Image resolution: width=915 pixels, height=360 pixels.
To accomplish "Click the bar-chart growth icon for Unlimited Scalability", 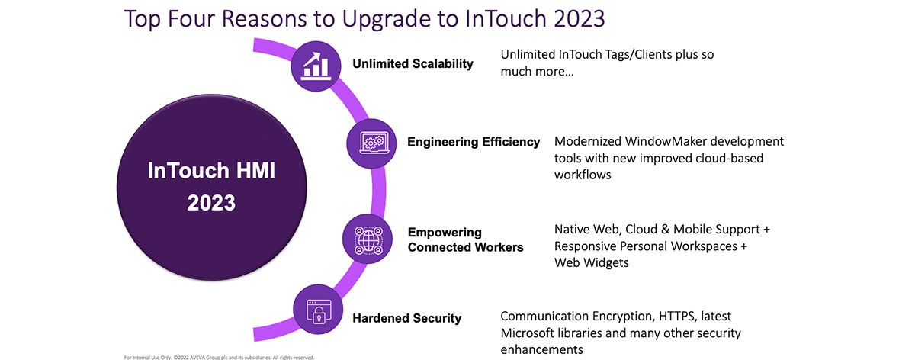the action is [316, 66].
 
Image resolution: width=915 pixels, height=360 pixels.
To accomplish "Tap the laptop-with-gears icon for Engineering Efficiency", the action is [371, 143].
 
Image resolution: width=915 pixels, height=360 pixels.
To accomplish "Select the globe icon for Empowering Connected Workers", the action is [368, 239].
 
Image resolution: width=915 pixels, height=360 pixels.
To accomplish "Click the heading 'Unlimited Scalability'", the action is [413, 64].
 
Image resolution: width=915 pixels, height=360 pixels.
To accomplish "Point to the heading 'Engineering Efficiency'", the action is [474, 142].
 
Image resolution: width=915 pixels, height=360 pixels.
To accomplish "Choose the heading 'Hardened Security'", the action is [407, 318].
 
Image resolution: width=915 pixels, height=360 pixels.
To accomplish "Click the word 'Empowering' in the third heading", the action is [445, 232].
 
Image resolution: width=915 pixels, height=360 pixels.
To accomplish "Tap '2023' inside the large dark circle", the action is [211, 203].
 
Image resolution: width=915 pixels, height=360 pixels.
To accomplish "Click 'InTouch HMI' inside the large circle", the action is [211, 170].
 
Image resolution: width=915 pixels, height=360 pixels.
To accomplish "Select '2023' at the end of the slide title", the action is [579, 18].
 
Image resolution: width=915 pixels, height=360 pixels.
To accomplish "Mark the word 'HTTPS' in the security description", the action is [678, 317].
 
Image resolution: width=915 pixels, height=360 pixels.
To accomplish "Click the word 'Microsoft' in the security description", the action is [528, 333].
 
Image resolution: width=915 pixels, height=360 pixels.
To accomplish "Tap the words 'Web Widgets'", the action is [591, 262].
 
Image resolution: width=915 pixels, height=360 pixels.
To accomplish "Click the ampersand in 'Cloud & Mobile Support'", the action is [666, 230].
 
